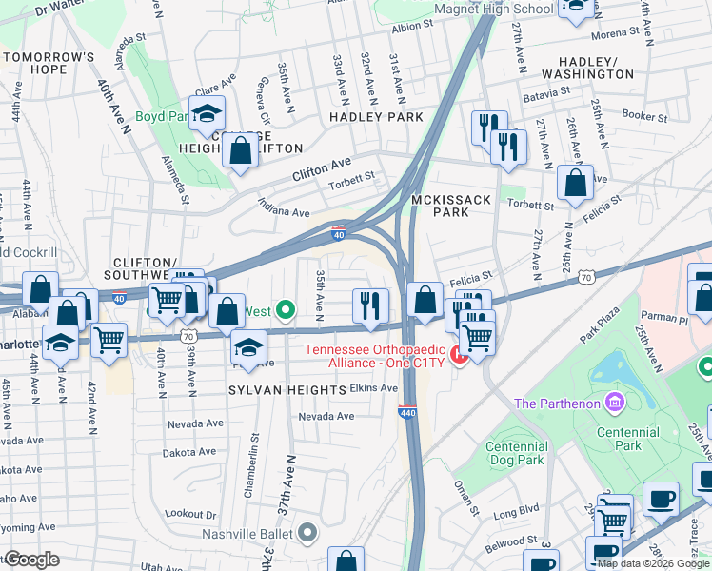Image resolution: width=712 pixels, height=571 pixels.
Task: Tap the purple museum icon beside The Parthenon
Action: (x=614, y=404)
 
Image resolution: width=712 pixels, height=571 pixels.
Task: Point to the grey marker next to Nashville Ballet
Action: (x=307, y=534)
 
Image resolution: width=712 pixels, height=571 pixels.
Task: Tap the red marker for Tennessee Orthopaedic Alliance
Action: (x=458, y=356)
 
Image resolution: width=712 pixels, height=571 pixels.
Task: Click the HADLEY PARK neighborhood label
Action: (x=376, y=117)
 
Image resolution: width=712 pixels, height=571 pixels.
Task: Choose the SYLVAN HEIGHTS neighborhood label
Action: (x=287, y=391)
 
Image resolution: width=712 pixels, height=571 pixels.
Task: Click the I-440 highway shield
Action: (x=405, y=411)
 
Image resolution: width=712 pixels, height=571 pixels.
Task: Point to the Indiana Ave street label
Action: (x=284, y=207)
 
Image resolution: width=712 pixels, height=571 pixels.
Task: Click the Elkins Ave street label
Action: (x=373, y=388)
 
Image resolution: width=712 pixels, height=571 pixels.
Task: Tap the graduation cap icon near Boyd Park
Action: (x=206, y=115)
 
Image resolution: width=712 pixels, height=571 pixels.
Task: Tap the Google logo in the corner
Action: (x=30, y=560)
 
